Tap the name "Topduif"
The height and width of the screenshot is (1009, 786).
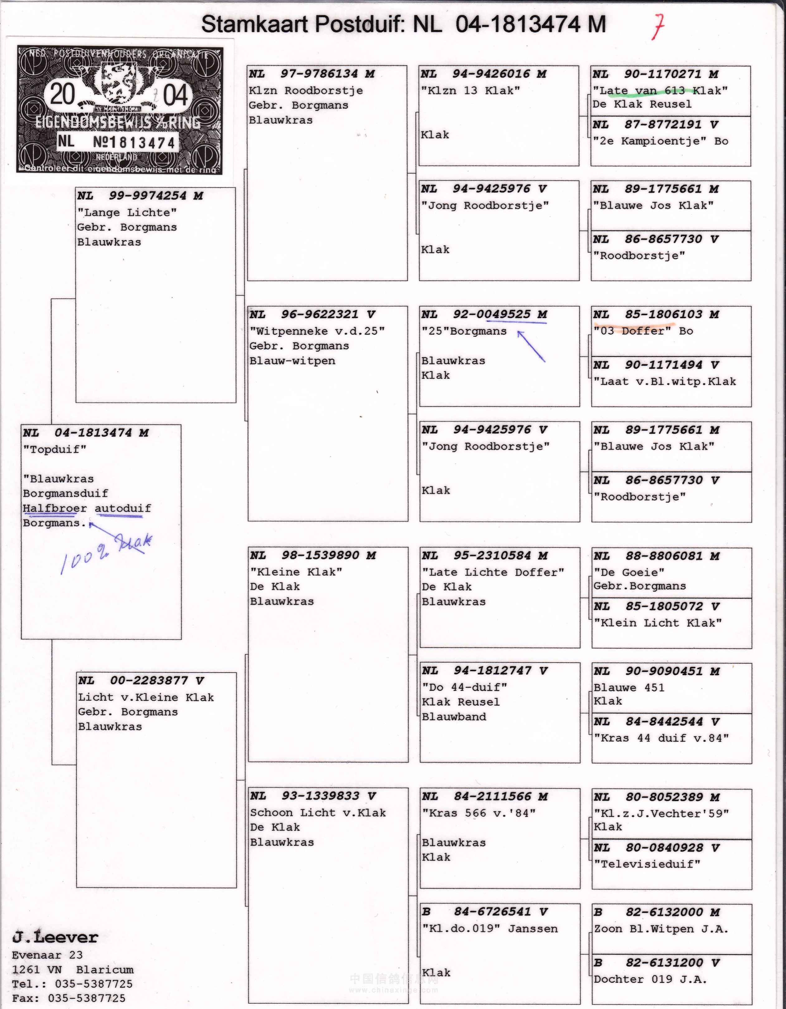(55, 449)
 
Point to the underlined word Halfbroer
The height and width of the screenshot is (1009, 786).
(55, 508)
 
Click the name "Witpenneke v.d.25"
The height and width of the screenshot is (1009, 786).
(317, 331)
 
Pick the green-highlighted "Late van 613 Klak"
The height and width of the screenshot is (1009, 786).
(660, 91)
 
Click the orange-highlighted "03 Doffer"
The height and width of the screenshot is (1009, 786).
(632, 331)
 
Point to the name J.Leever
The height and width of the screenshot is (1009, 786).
(55, 937)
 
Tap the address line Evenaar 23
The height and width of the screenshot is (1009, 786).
(47, 955)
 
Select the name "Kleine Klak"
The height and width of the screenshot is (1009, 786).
(296, 572)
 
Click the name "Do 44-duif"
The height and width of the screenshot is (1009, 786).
(464, 687)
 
